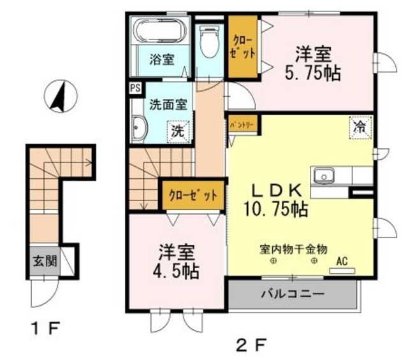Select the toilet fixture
[208, 42]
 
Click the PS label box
[136, 88]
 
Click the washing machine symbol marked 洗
[179, 132]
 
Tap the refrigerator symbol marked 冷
[360, 126]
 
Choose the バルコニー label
[293, 295]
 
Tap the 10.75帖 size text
[275, 208]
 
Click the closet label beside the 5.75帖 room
[242, 48]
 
